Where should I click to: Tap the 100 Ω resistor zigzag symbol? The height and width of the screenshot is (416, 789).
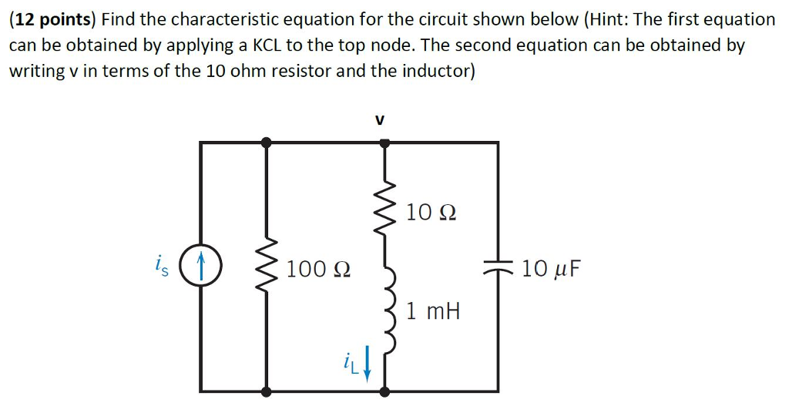coord(267,268)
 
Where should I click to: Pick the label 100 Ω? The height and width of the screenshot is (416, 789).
coord(319,270)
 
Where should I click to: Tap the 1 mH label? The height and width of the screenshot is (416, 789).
coord(433,312)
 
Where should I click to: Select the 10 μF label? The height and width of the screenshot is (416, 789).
coord(552,269)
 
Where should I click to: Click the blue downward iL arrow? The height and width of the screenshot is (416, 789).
coord(367,363)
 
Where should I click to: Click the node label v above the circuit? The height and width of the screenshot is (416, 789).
coord(378,120)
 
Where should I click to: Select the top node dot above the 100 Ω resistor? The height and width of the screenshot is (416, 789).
coord(267,143)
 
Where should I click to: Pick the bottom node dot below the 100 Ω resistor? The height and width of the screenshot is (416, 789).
coord(267,391)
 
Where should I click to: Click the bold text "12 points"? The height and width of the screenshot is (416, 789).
coord(57,19)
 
